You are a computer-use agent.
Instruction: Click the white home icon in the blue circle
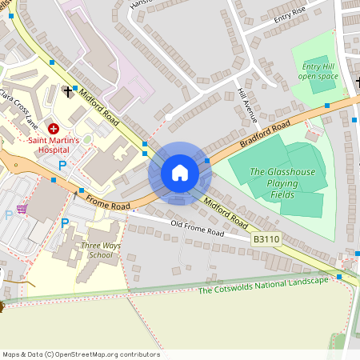coord(180,173)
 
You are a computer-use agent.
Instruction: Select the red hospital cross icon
coord(54,128)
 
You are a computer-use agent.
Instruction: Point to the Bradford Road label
coord(265,134)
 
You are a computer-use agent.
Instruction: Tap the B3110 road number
coord(266,238)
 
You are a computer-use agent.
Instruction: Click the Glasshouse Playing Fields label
coord(282,183)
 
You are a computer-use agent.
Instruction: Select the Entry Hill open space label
coord(318,72)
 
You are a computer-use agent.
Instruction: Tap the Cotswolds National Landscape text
coord(263,285)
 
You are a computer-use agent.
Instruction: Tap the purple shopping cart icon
coord(22,210)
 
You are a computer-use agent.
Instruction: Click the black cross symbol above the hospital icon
coord(67,92)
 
